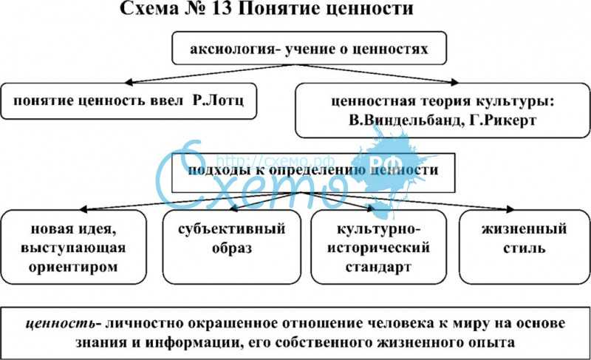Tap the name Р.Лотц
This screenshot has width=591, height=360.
219,101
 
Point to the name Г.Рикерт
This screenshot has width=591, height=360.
503,120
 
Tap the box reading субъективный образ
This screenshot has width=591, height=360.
232,247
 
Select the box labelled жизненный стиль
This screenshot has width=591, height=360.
525,247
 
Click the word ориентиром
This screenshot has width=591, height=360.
73,268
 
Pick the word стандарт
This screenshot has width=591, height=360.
378,268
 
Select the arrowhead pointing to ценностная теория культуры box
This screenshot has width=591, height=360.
454,83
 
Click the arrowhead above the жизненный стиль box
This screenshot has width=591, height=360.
510,209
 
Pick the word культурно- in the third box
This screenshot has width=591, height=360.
378,229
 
